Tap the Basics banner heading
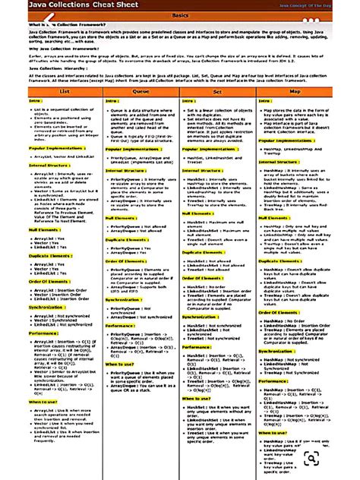(x=180, y=15)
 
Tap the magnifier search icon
(x=311, y=458)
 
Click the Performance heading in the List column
(x=44, y=333)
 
